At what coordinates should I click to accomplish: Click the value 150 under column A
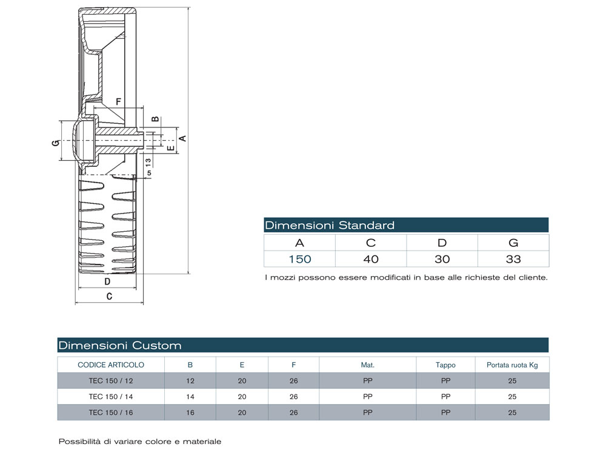(x=299, y=259)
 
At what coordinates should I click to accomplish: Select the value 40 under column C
(x=371, y=259)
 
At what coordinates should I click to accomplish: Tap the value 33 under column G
(x=513, y=259)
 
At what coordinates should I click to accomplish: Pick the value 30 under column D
(x=442, y=259)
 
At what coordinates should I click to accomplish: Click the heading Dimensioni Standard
(x=330, y=226)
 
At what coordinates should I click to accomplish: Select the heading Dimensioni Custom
(x=120, y=346)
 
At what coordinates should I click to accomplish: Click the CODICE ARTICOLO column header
(x=111, y=365)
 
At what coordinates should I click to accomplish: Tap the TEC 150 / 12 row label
(x=111, y=381)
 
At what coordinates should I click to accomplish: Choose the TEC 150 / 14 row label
(x=111, y=397)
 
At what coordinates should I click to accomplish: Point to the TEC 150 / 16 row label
(x=111, y=413)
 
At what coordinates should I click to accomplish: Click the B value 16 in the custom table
(x=190, y=413)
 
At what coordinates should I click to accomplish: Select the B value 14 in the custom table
(x=190, y=397)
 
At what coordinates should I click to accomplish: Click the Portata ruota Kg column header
(x=512, y=365)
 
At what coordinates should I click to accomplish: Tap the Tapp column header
(x=445, y=365)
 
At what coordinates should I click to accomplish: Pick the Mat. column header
(x=367, y=365)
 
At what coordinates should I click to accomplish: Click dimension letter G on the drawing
(x=55, y=143)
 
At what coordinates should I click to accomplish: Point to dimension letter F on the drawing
(x=118, y=101)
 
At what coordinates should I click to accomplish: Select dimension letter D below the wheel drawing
(x=107, y=281)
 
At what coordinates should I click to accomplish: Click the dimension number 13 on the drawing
(x=148, y=163)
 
